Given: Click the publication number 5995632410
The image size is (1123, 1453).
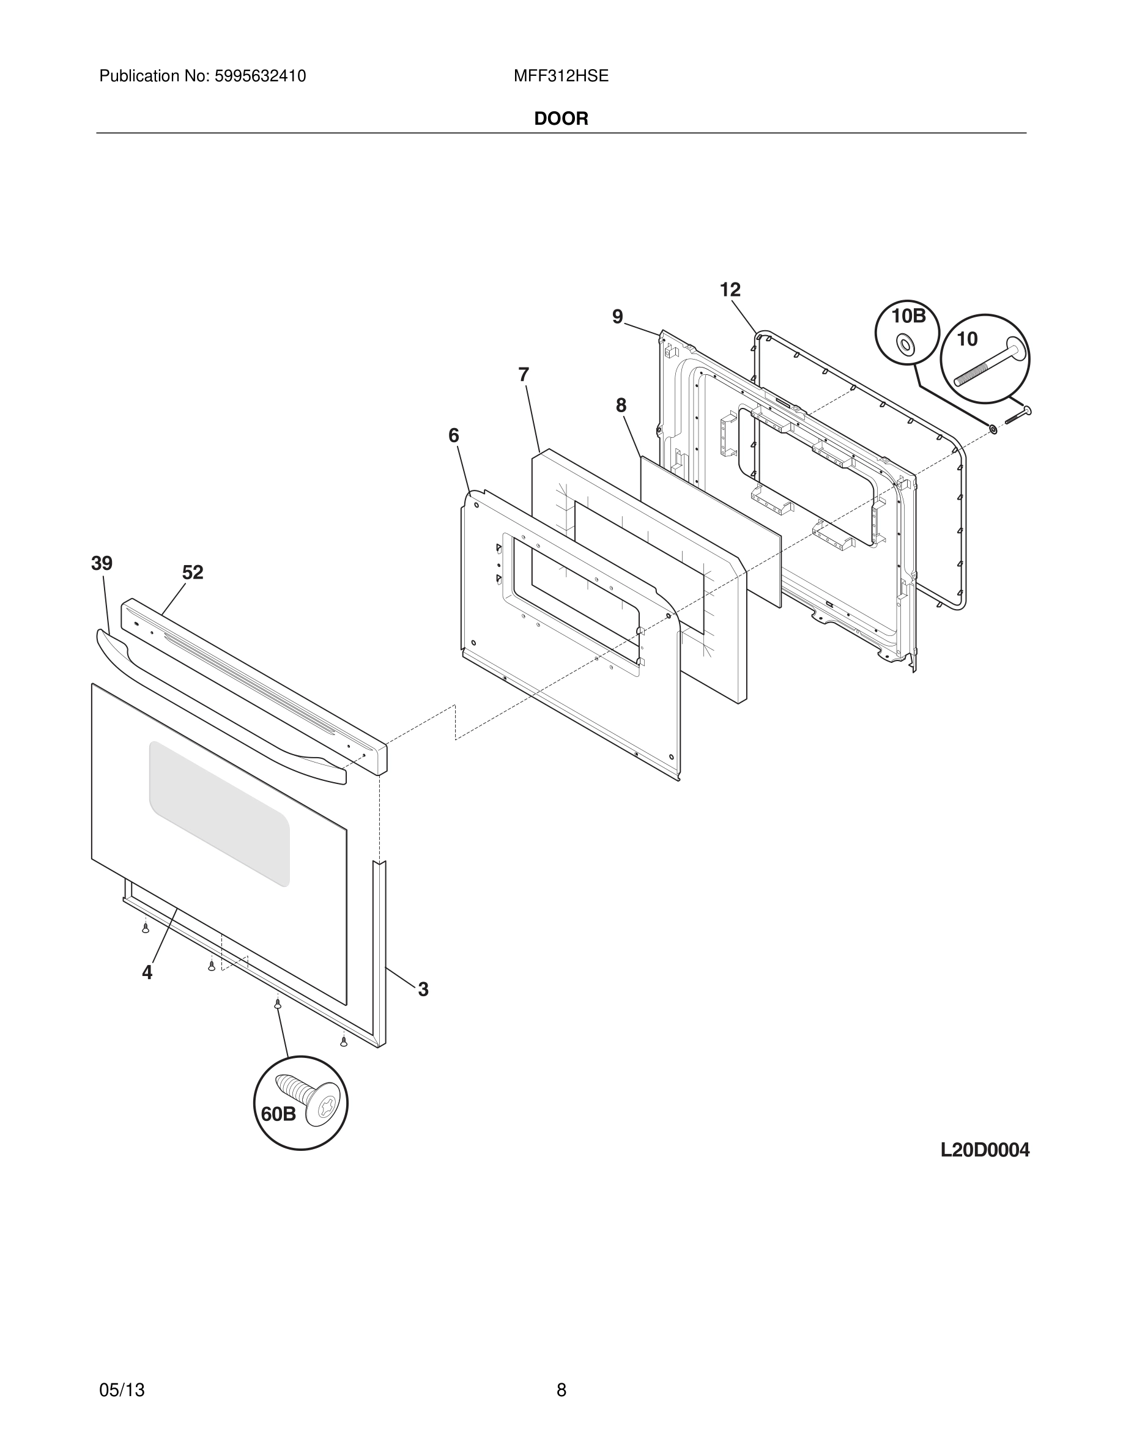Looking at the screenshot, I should [259, 76].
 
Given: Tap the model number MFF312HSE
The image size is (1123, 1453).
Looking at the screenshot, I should [561, 76].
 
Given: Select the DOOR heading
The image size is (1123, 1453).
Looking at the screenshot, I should [561, 119].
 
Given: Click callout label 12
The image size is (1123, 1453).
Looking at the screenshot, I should [730, 290].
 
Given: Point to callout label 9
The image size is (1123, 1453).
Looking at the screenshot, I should [617, 317].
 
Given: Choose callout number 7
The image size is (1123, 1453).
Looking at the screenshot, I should [524, 375].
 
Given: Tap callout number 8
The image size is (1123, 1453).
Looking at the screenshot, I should [621, 405].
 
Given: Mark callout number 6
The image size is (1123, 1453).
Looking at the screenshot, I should [454, 436].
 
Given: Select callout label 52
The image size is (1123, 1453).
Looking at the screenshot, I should [192, 572].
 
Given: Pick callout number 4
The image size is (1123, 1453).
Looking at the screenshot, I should [147, 973].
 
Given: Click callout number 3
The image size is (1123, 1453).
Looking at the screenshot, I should [423, 990].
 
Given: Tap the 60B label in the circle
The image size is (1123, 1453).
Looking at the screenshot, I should [278, 1114].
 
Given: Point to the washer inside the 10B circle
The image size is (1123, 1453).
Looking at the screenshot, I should [905, 345].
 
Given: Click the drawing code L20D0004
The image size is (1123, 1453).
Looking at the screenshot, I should [985, 1150].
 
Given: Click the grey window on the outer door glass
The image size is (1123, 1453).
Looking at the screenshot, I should [220, 813].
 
